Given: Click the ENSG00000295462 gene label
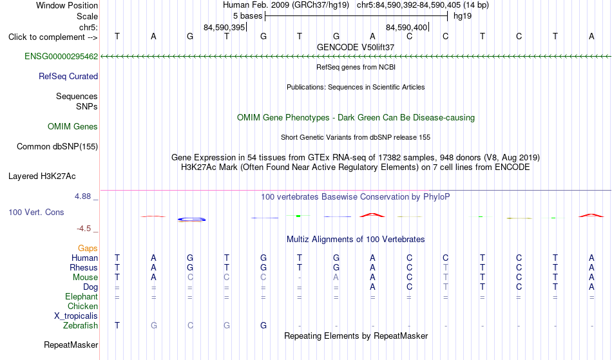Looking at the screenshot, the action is point(61,56).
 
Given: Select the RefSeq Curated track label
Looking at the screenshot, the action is point(68,76).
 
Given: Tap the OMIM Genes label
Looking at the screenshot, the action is point(73,126).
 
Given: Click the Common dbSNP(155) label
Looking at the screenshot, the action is point(57,146).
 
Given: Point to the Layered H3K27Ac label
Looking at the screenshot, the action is point(42,176).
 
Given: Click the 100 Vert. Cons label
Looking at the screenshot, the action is point(36,212).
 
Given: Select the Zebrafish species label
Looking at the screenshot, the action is point(81,325).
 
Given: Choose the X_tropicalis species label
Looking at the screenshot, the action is point(76,316).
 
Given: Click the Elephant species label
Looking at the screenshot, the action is point(82,296).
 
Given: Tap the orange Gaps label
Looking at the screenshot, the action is point(88,248).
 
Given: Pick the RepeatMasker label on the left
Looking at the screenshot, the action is point(71,345).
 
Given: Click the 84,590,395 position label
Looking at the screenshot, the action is point(224,27).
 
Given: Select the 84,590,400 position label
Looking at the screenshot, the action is point(406,27).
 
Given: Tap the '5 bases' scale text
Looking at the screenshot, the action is point(248,16).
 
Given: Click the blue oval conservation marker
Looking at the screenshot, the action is point(191,220).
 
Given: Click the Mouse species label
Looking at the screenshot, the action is point(85,278).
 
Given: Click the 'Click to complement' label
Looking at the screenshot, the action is point(53,37).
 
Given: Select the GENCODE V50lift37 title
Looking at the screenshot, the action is point(356,47).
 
